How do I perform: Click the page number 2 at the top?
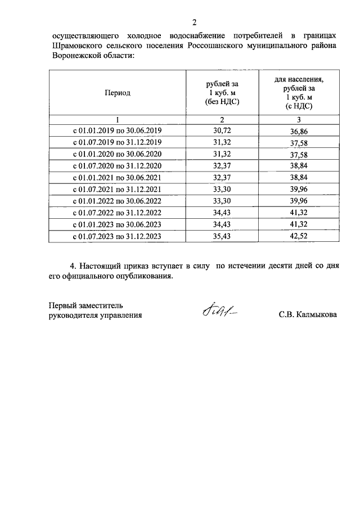coord(194,22)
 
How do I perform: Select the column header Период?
coord(118,93)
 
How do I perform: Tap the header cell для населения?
coord(299,93)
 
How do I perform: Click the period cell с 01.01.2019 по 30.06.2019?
coord(118,130)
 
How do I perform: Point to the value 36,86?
coord(299,131)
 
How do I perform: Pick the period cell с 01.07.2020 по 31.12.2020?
coord(118,165)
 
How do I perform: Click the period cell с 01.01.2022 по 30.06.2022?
coord(118,201)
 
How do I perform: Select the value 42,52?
coord(299,236)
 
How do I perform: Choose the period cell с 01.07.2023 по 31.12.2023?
coord(118,236)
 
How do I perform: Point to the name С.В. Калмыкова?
coord(308,316)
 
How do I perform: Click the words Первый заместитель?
coord(85,305)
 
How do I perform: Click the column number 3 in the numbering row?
coord(299,119)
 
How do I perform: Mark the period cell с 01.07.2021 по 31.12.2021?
coord(118,189)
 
